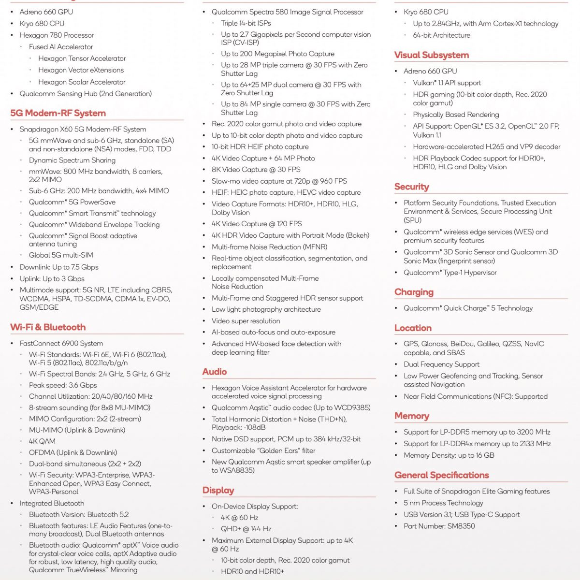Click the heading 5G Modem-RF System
pos(58,113)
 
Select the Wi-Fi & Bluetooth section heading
pos(48,327)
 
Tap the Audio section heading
pos(215,372)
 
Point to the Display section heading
pos(218,491)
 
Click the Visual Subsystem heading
pos(432,55)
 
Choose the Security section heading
pos(412,187)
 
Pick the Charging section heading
pos(414,292)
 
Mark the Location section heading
pos(413,328)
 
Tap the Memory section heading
pos(412,416)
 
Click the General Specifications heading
pos(442,475)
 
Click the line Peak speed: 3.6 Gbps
pos(63,385)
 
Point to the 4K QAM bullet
pos(42,441)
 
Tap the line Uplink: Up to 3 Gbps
pos(52,278)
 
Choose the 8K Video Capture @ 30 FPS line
pos(256,170)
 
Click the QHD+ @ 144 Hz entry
pos(246,529)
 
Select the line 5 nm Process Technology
pos(443,503)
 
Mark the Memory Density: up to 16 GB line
pos(449,455)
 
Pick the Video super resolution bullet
pos(246,321)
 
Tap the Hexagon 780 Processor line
pos(57,35)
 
